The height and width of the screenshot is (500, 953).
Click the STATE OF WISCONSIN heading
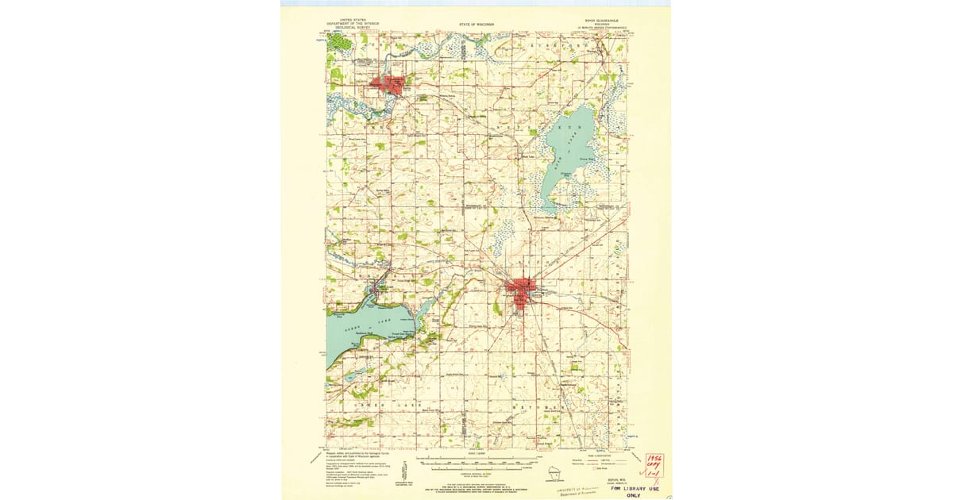coord(476,25)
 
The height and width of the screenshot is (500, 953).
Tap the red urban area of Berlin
coord(389,84)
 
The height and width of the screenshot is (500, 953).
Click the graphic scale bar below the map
coord(476,460)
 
